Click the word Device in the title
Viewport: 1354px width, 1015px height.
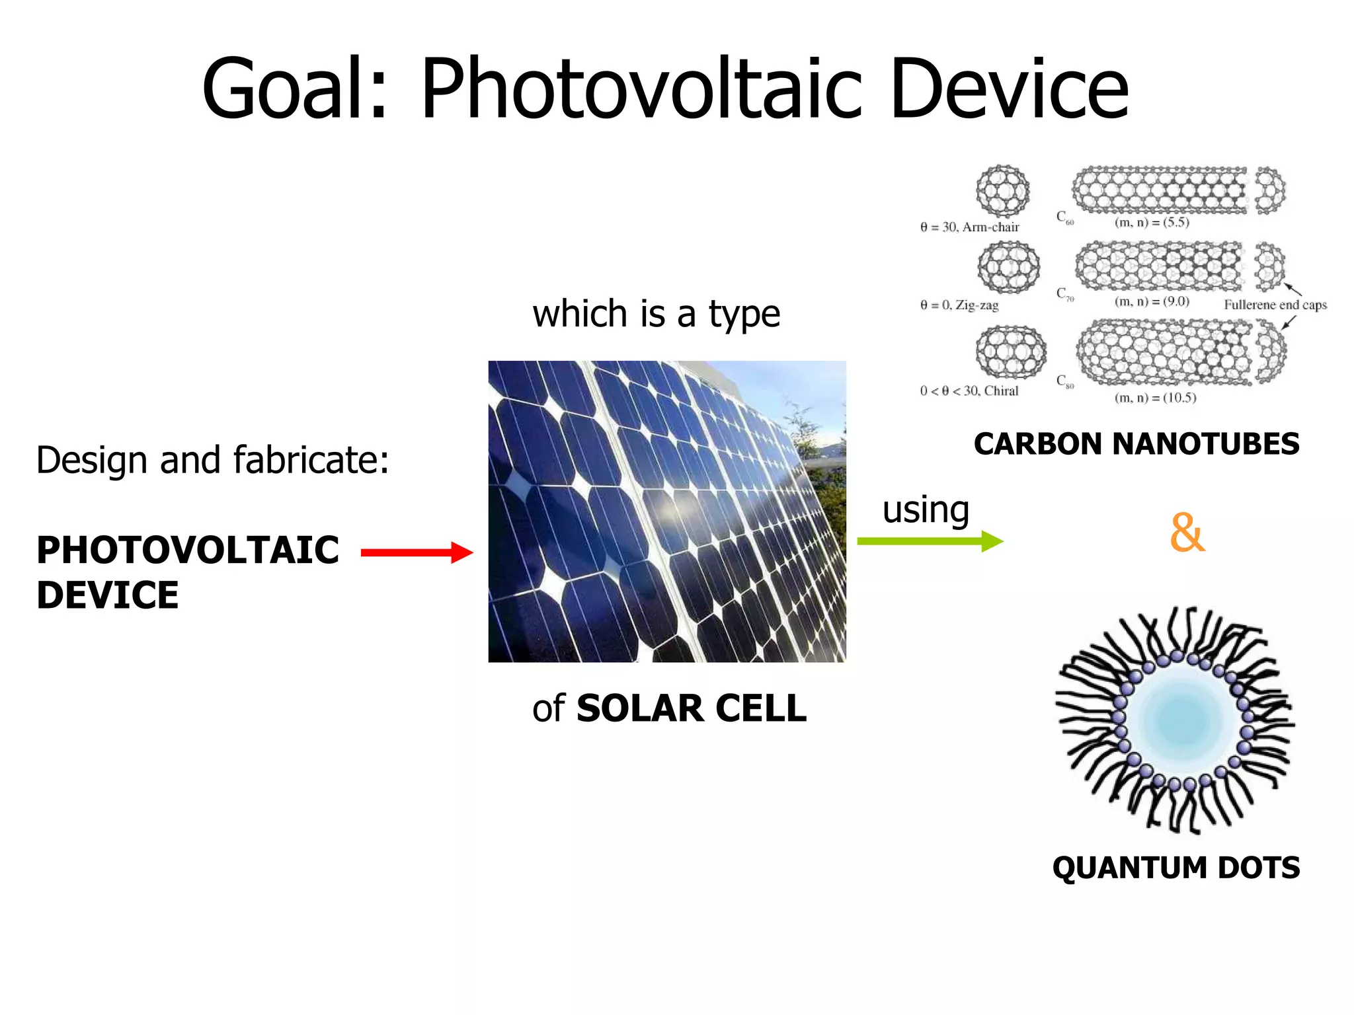click(x=1010, y=89)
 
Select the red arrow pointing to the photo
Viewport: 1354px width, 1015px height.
click(x=417, y=552)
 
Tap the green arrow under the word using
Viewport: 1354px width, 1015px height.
click(x=930, y=541)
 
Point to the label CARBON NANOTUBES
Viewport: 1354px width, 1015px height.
click(x=1136, y=444)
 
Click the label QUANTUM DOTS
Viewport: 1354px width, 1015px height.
click(x=1175, y=868)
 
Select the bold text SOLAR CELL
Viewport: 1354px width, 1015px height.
click(x=691, y=708)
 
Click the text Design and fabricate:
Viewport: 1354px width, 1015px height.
click(x=212, y=460)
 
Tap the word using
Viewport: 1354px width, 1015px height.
click(x=926, y=509)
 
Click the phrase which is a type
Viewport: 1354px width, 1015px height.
click(x=656, y=314)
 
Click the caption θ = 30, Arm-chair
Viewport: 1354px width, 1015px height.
click(x=969, y=227)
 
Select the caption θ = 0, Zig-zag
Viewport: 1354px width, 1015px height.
click(x=959, y=305)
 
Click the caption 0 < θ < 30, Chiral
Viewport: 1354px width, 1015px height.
click(x=969, y=391)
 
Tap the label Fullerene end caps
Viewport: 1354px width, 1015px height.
click(x=1275, y=305)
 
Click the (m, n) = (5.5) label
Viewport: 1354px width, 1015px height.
click(x=1152, y=223)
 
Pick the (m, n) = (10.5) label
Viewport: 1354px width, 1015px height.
click(x=1155, y=398)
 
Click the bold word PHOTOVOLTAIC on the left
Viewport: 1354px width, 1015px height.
click(x=188, y=550)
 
